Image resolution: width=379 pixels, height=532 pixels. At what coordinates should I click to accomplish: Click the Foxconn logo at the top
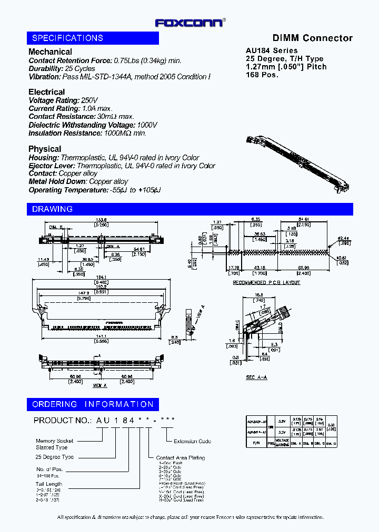click(190, 23)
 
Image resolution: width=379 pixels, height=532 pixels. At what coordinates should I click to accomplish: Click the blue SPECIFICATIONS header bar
click(93, 38)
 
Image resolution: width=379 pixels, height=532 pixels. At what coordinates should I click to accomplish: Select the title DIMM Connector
click(312, 38)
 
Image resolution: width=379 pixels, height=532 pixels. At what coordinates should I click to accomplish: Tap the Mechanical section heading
click(50, 52)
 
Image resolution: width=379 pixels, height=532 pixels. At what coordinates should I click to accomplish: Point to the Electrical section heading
click(46, 92)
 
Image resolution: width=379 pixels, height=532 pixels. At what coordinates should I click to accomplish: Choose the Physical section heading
click(45, 149)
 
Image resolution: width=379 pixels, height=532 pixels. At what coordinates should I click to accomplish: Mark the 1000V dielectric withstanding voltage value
click(147, 125)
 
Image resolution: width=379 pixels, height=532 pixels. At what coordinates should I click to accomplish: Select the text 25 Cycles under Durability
click(80, 69)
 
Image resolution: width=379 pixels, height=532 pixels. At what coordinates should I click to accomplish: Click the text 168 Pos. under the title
click(262, 75)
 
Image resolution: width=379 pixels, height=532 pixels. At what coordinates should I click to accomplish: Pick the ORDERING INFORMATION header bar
click(93, 404)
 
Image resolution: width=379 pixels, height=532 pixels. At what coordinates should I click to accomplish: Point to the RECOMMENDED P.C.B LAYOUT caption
click(266, 283)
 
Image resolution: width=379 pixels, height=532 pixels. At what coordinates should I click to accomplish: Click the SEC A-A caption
click(257, 377)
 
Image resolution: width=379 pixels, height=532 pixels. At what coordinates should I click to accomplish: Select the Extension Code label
click(192, 441)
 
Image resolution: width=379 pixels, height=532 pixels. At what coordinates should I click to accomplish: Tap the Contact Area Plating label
click(181, 458)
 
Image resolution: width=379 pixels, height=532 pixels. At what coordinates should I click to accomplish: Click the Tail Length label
click(49, 484)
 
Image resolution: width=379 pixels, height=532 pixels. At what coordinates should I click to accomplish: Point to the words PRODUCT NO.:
click(62, 421)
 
